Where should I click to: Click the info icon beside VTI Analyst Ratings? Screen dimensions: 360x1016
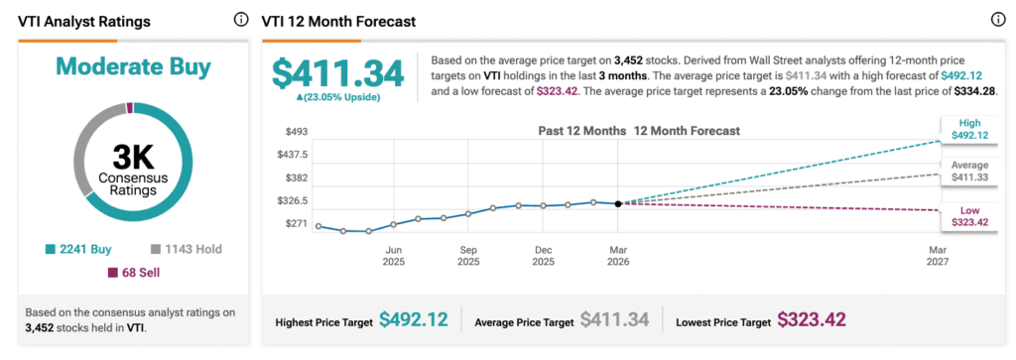coord(241,20)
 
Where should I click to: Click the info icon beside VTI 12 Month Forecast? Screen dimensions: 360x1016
coord(997,20)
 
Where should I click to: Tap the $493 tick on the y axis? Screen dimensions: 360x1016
coord(298,131)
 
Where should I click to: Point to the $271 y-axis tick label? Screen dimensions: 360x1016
coord(298,224)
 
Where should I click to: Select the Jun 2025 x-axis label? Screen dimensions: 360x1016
coord(393,256)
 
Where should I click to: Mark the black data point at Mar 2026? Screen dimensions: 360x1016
coord(618,203)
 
